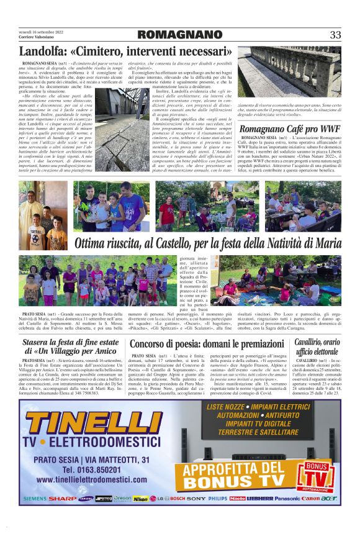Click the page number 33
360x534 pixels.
tap(335, 35)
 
